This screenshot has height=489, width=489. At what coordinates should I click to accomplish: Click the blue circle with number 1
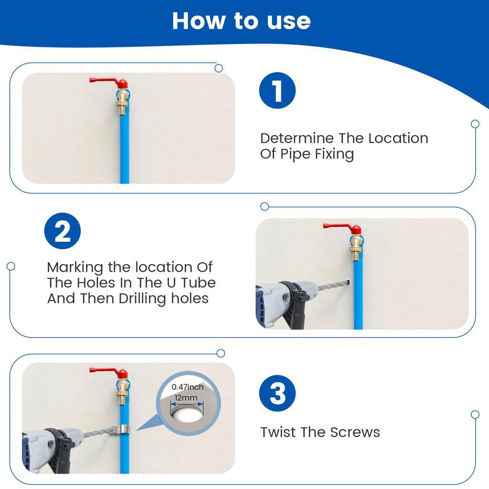point(277,90)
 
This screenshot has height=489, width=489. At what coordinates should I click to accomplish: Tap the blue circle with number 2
point(63,231)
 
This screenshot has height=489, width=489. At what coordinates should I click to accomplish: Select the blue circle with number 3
point(277,393)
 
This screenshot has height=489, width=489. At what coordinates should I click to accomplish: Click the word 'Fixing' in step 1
point(334,154)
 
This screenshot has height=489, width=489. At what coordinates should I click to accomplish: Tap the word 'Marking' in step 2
point(75,267)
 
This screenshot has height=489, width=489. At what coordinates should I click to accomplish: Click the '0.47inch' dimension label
point(187,387)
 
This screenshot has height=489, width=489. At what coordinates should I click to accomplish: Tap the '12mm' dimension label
point(186,398)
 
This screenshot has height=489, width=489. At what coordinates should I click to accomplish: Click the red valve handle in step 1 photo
point(108,82)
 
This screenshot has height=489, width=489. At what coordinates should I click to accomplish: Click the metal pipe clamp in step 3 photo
point(120,429)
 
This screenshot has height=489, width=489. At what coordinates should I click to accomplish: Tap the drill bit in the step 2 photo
point(333,285)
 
